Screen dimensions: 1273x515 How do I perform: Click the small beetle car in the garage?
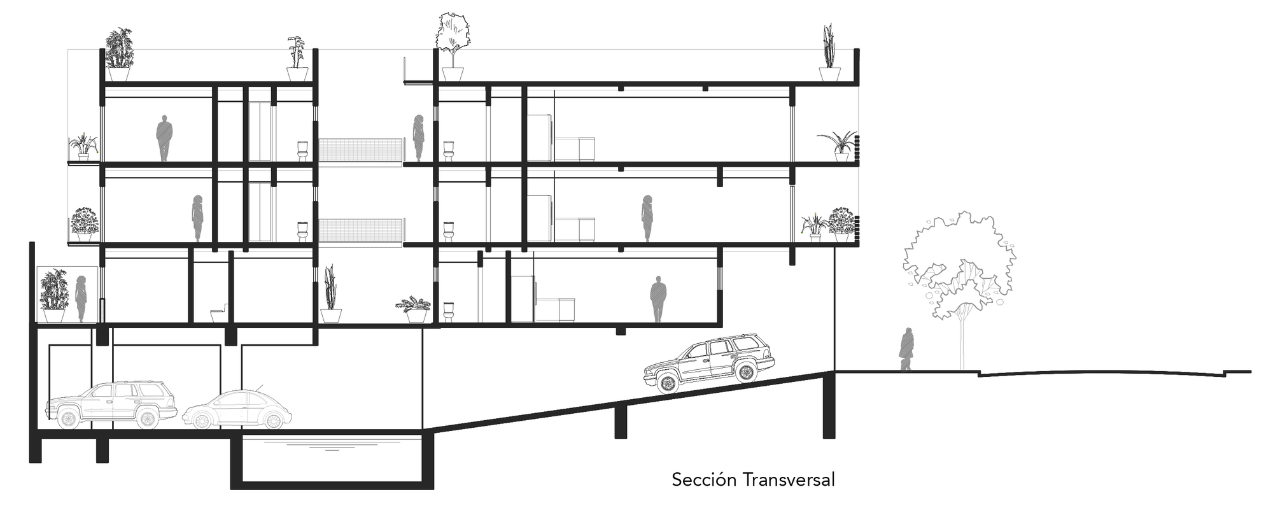tap(237, 409)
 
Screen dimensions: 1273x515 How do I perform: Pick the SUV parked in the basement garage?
tap(111, 405)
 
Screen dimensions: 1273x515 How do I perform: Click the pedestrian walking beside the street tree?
tap(906, 349)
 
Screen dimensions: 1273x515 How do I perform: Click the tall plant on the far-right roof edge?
tap(829, 46)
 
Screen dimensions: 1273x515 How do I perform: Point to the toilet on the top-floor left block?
tap(303, 150)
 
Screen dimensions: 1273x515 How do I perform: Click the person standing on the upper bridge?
tap(419, 138)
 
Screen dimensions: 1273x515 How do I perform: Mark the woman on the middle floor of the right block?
tap(647, 218)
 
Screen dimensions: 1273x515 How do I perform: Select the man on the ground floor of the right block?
tap(658, 299)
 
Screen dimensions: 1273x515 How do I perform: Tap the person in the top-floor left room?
tap(164, 138)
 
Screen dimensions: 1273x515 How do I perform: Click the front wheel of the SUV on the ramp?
tap(667, 383)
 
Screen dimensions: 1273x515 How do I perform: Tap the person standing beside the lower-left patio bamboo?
tap(81, 298)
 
